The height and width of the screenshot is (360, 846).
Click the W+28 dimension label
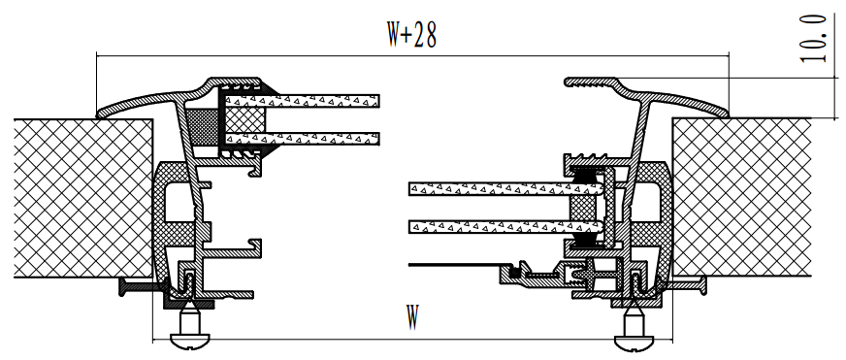pos(411,35)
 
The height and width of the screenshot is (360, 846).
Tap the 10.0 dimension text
pos(813,39)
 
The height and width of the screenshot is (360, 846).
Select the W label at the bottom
pos(412,317)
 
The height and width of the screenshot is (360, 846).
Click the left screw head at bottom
pos(189,341)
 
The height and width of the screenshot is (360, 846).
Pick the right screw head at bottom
pos(634,341)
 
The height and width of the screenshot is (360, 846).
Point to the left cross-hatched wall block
pos(83,198)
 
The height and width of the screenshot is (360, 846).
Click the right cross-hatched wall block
pos(742,197)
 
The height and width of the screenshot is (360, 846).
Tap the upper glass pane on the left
pos(302,101)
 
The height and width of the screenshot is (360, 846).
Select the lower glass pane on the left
pos(302,139)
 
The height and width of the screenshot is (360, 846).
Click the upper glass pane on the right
pos(505,189)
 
